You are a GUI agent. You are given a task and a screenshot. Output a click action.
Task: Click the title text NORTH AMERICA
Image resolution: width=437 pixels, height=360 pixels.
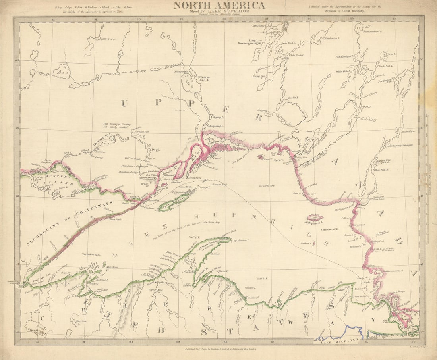click(x=219, y=5)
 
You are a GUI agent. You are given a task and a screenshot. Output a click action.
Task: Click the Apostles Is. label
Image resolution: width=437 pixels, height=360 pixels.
click(x=112, y=268)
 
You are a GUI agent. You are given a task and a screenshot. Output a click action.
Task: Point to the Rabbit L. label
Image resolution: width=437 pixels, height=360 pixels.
click(x=293, y=97)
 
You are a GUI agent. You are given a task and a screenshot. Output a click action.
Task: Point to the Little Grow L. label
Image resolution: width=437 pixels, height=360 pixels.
click(x=108, y=39)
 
